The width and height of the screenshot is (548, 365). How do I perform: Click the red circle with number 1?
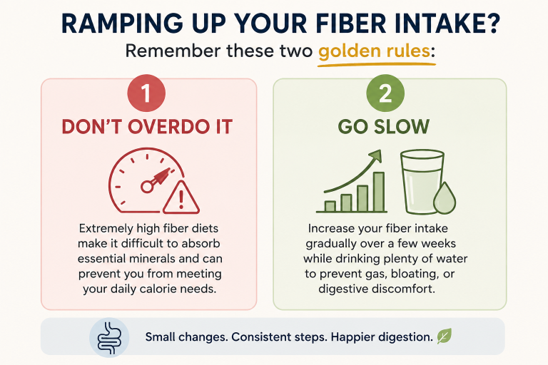click(x=146, y=93)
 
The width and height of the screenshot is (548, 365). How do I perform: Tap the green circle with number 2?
click(x=385, y=93)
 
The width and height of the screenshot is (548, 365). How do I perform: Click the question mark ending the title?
click(x=493, y=24)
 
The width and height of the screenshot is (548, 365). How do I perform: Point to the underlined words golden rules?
click(x=374, y=51)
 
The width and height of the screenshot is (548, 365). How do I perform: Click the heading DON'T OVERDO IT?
click(x=147, y=126)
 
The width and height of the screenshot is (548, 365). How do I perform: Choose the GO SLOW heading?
click(x=384, y=126)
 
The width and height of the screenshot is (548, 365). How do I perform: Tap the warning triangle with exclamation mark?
click(x=181, y=198)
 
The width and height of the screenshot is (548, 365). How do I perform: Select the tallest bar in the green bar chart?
click(x=379, y=192)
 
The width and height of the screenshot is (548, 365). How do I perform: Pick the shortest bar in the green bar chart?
click(x=330, y=207)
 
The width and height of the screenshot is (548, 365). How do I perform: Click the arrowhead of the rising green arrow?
click(x=375, y=156)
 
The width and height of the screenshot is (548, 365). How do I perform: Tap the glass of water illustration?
click(x=422, y=182)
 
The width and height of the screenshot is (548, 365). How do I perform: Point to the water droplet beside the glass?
click(x=445, y=198)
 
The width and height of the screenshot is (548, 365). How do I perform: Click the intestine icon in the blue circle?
click(x=109, y=337)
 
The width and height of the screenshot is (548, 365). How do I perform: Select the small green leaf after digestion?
click(x=445, y=336)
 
